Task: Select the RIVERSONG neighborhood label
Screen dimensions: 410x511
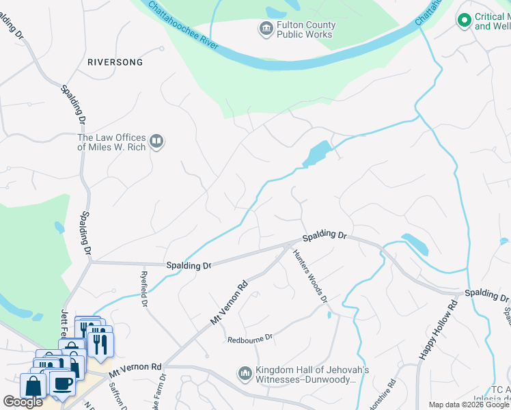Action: coord(115,62)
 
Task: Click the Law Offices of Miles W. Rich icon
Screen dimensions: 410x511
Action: coord(157,141)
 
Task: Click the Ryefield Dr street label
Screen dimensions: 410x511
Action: coord(146,290)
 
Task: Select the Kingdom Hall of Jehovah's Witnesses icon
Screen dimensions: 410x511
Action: coord(245,374)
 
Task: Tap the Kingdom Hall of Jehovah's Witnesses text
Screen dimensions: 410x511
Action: coord(305,374)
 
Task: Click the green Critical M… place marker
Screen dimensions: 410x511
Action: coord(465,21)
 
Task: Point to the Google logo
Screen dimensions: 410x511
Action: coord(23,402)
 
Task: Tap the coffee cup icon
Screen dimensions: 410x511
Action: coord(62,385)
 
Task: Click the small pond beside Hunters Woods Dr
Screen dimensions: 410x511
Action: coord(329,314)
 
